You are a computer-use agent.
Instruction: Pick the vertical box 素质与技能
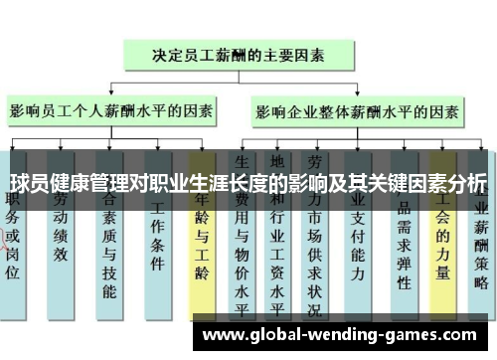(109, 249)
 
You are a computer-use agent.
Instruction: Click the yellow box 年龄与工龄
(202, 249)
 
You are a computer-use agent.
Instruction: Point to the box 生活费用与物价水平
(243, 249)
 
